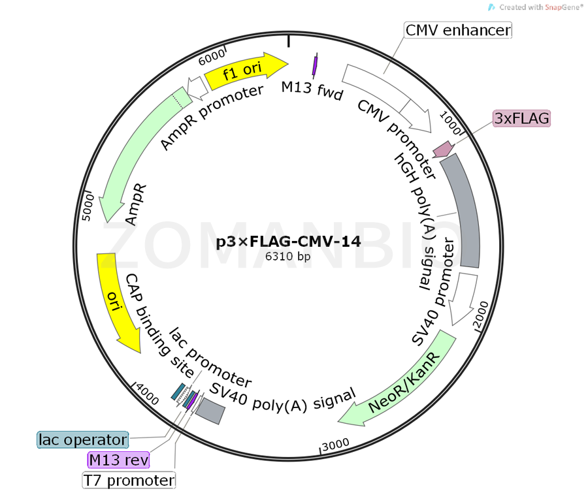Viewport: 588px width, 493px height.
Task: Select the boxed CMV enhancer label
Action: (x=458, y=30)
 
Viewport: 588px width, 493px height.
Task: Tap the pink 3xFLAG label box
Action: (x=521, y=118)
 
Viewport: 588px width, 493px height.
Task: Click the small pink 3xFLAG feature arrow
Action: (x=444, y=148)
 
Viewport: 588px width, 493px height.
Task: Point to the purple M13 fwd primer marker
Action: (x=315, y=64)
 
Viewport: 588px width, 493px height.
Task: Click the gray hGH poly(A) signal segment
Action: (x=461, y=212)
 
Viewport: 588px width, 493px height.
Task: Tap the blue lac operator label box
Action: (x=82, y=439)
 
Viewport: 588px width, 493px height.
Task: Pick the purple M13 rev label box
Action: (x=118, y=460)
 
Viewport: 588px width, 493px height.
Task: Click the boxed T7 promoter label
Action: (x=129, y=481)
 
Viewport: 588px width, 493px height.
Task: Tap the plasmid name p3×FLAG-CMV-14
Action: (x=288, y=242)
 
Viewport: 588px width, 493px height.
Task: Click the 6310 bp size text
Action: (x=287, y=257)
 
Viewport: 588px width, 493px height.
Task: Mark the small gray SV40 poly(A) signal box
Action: (x=211, y=410)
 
